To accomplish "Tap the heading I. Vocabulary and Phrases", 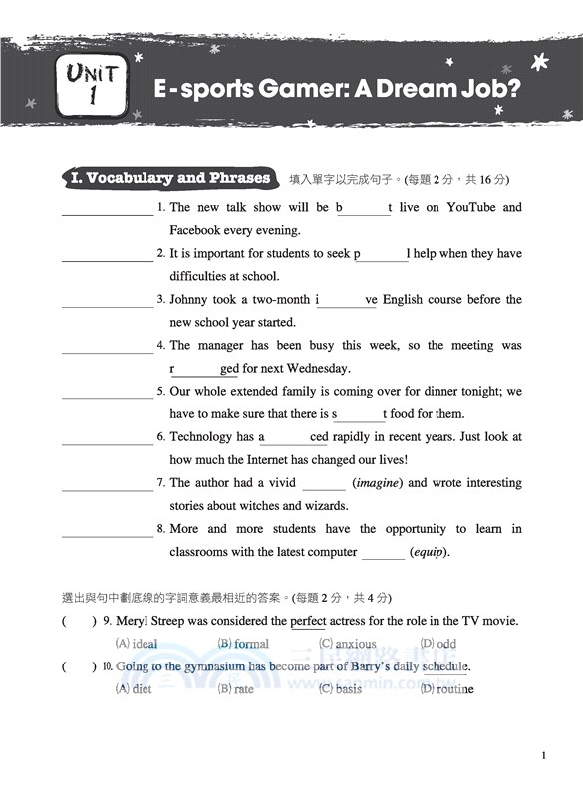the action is pyautogui.click(x=170, y=179).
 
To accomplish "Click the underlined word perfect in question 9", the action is pyautogui.click(x=308, y=621).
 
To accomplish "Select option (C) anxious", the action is pyautogui.click(x=348, y=644).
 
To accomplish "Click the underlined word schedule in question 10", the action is pyautogui.click(x=444, y=666).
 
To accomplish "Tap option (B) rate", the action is pyautogui.click(x=236, y=689).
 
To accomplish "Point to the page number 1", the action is pyautogui.click(x=543, y=757).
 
